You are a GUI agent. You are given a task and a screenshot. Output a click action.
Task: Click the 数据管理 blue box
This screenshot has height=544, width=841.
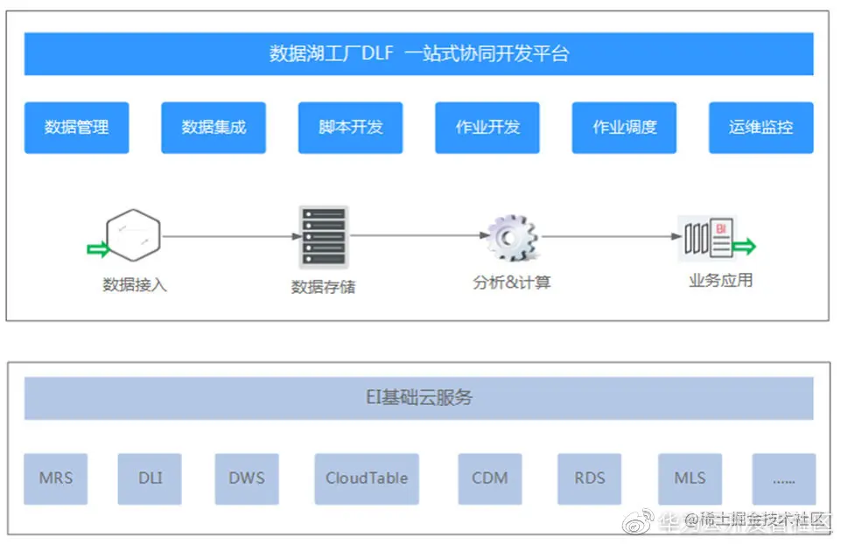pos(76,128)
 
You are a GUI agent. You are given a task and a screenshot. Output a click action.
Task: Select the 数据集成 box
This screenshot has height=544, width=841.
pos(214,128)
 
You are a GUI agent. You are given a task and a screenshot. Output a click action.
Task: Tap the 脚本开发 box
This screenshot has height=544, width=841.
pos(350,128)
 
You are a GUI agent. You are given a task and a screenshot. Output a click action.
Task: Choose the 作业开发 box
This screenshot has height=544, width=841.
pos(487,128)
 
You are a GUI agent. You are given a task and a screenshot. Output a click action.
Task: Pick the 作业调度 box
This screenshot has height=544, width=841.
pos(624,128)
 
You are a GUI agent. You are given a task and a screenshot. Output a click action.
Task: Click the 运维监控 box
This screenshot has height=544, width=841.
pos(760,128)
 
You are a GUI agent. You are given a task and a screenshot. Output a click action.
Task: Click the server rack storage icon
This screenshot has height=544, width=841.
pos(323,236)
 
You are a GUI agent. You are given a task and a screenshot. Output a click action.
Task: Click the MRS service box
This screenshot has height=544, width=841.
pos(56,478)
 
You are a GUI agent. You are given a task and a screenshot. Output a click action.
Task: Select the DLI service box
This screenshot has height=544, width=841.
pos(150,478)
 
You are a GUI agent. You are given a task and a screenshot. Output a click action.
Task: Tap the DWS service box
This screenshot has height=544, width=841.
pos(247,478)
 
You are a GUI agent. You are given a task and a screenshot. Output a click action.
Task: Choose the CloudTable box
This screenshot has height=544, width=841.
pos(367,478)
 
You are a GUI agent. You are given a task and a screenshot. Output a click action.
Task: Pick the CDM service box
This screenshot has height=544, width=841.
pos(490,478)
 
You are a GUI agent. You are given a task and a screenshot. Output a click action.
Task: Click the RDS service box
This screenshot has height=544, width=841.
pos(590,478)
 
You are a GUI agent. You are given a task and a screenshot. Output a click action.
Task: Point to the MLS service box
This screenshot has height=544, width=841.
pos(690,478)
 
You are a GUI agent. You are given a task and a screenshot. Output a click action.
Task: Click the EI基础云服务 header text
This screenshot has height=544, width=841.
pos(418,398)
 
